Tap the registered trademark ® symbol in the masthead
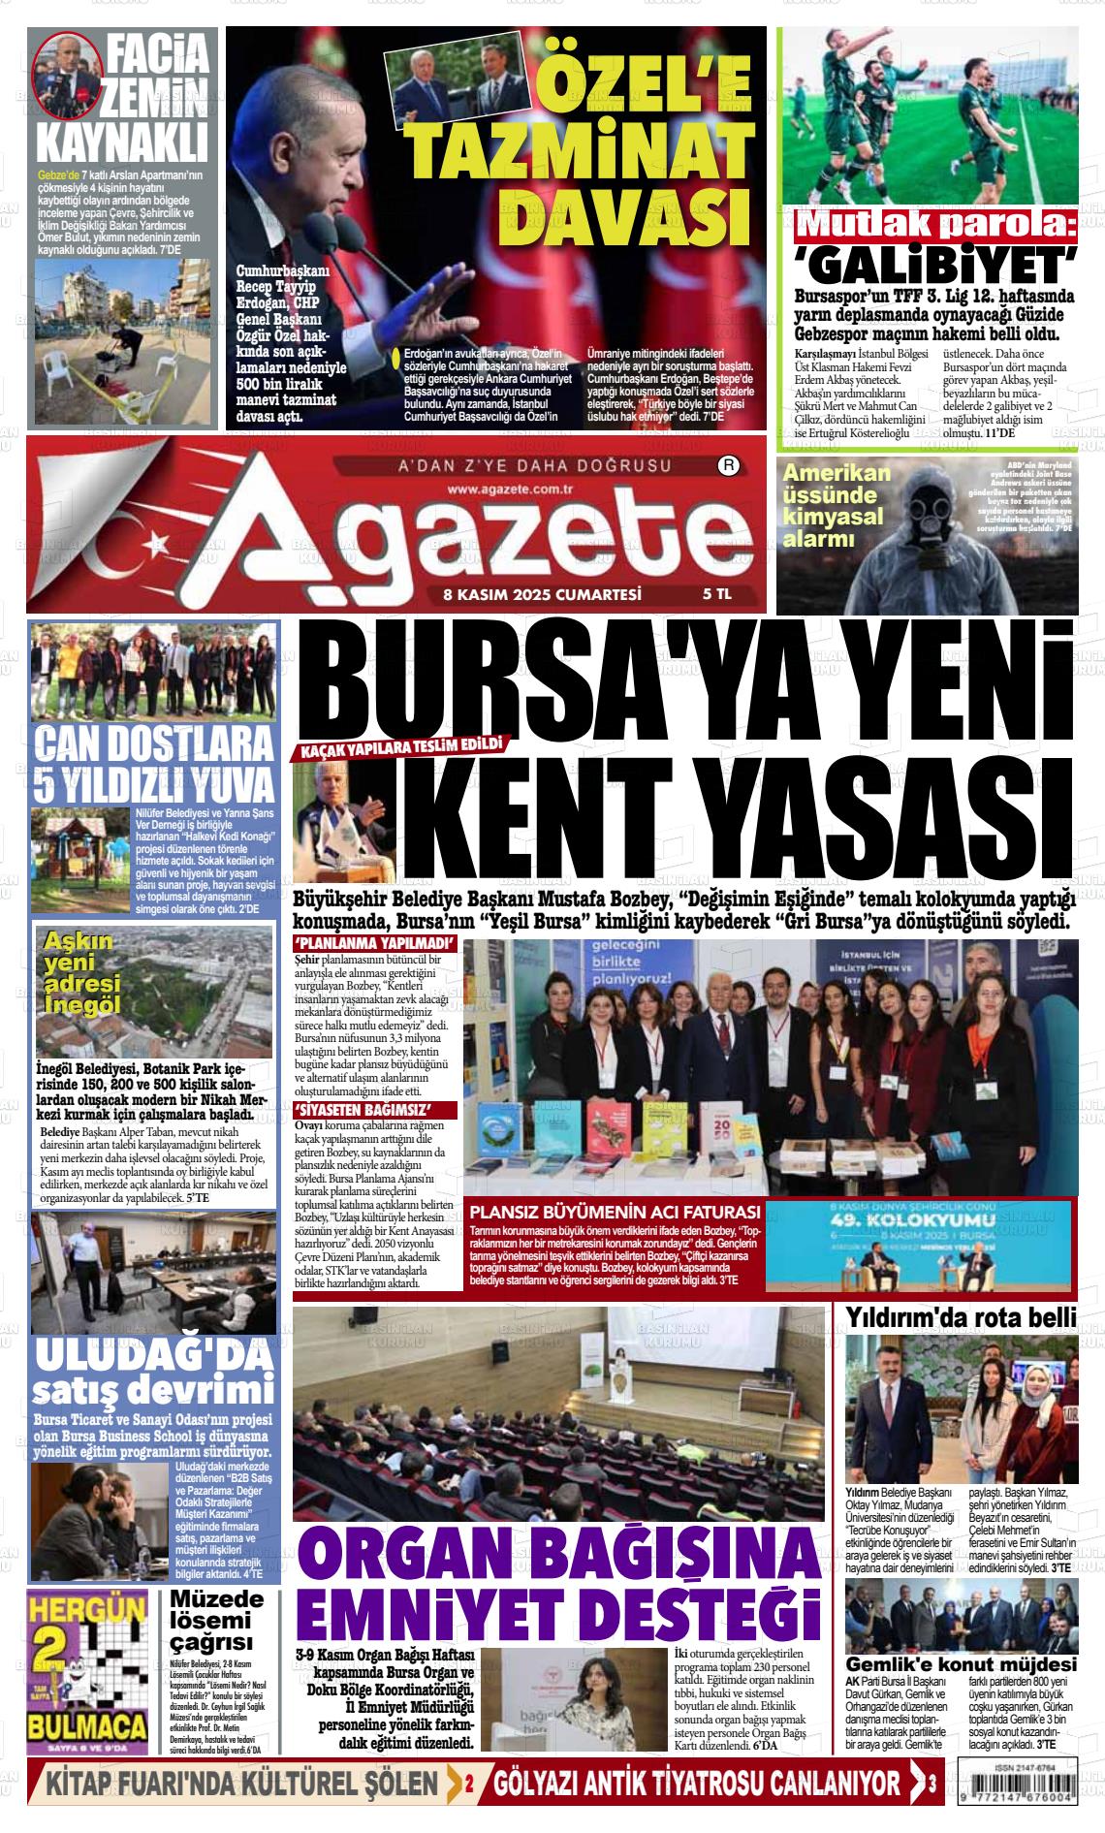pyautogui.click(x=728, y=466)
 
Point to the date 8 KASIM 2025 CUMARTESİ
pyautogui.click(x=543, y=595)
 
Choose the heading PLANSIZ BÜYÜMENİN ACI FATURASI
pyautogui.click(x=615, y=1212)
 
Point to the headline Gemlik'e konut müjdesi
pyautogui.click(x=961, y=1662)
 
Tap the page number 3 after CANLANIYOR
pyautogui.click(x=931, y=1784)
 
